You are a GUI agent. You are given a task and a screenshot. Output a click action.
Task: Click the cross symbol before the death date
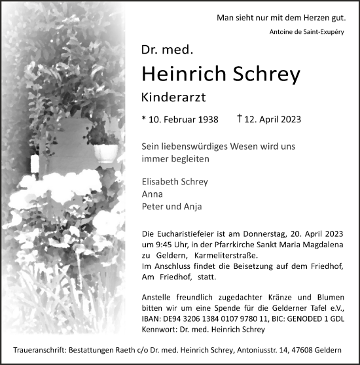point(240,119)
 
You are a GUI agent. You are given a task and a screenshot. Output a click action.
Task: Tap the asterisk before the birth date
point(143,120)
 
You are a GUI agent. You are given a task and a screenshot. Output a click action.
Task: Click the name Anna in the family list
point(151,195)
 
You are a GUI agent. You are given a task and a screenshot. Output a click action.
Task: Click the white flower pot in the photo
point(105,152)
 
